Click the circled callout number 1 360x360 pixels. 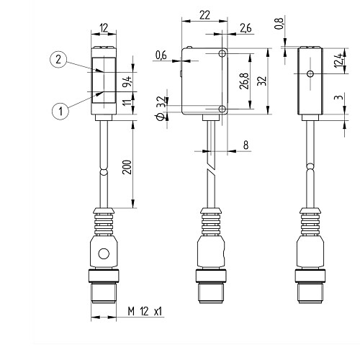[x=60, y=112]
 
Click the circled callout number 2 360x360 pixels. [x=58, y=60]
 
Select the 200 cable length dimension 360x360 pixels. [x=127, y=167]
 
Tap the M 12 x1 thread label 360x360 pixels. [x=145, y=312]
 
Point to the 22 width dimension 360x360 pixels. [x=204, y=15]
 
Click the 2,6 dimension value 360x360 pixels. [x=246, y=28]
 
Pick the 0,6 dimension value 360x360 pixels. [x=161, y=55]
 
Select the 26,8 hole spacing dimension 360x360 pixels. [x=245, y=81]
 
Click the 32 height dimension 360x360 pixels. [x=262, y=81]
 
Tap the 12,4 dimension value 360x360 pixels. [x=339, y=60]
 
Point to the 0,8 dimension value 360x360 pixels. [x=279, y=24]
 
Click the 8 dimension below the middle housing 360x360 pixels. [x=246, y=145]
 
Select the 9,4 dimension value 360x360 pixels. [x=127, y=81]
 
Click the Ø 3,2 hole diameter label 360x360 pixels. [x=161, y=109]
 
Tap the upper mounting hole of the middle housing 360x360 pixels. [x=222, y=53]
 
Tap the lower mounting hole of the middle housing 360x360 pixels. [x=222, y=109]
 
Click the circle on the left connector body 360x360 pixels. [x=104, y=253]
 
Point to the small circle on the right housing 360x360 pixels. [x=310, y=73]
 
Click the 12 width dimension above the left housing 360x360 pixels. [x=104, y=28]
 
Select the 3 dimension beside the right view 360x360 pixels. [x=339, y=98]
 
